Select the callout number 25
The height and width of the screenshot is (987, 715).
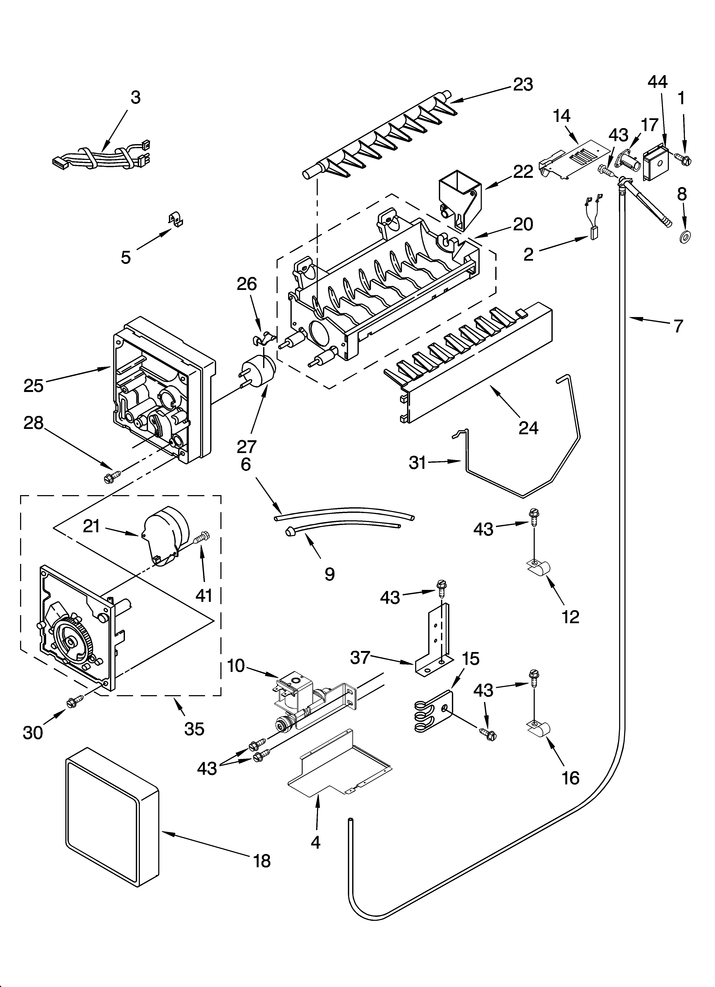pyautogui.click(x=34, y=385)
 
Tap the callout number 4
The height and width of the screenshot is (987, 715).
pyautogui.click(x=316, y=843)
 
